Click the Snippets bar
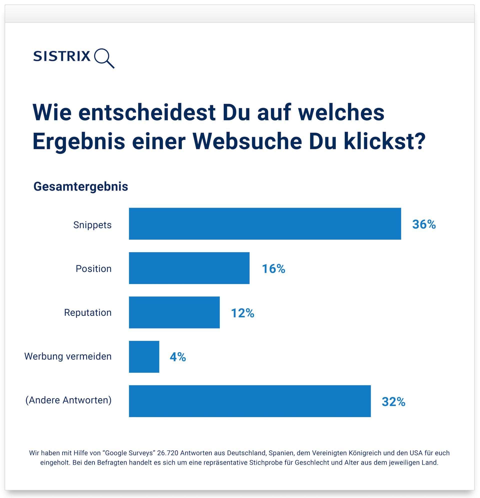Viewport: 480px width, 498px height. (265, 223)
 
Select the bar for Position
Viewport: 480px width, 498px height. (189, 268)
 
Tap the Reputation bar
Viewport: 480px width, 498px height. (174, 312)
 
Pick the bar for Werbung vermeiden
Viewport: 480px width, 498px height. (144, 357)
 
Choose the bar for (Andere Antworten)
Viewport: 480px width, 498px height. (249, 401)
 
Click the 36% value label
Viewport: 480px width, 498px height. (424, 224)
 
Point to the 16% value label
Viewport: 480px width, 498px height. (273, 269)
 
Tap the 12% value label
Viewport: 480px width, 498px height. (242, 313)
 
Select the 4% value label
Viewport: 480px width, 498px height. (177, 357)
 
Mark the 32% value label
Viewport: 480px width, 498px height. (393, 402)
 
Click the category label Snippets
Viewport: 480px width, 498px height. (92, 225)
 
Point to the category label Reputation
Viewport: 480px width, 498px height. (88, 312)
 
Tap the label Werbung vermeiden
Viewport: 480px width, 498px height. (68, 356)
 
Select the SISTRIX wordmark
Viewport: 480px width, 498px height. (62, 56)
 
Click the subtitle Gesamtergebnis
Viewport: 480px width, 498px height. (80, 186)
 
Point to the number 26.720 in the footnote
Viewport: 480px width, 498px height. (168, 453)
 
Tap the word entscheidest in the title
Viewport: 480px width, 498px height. (147, 112)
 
